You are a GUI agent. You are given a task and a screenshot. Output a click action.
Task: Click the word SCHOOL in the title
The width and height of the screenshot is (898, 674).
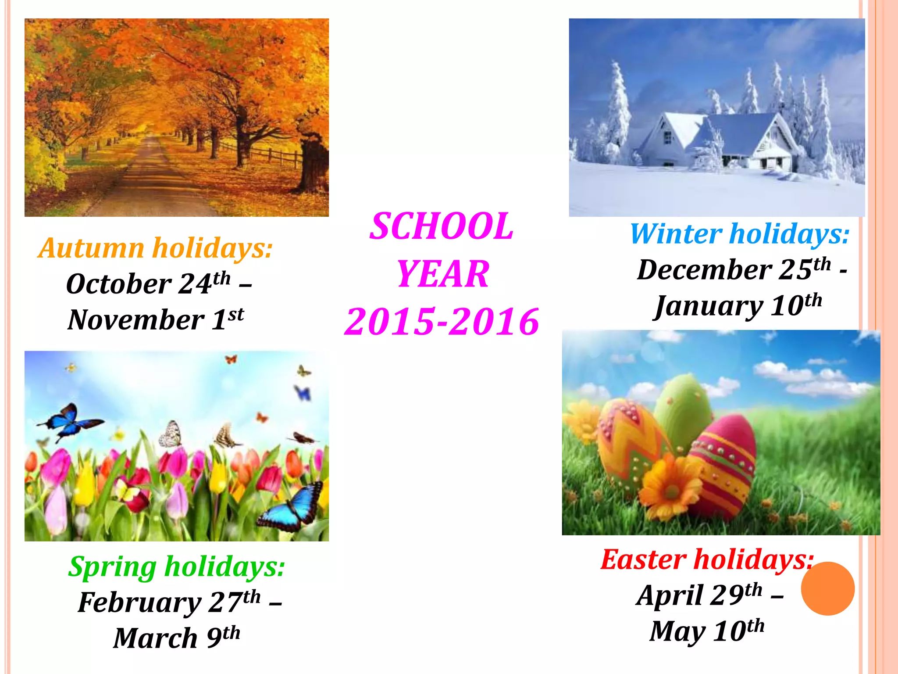click(441, 226)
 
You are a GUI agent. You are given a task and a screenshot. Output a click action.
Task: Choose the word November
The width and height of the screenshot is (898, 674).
click(136, 320)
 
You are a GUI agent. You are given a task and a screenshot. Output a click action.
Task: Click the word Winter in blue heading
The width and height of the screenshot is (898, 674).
click(675, 234)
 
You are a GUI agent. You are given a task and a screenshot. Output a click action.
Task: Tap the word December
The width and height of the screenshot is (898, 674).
click(704, 270)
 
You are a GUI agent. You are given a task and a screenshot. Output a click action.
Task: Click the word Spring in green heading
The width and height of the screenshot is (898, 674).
click(112, 567)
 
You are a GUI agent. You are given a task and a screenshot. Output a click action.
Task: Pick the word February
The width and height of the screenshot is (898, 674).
click(139, 603)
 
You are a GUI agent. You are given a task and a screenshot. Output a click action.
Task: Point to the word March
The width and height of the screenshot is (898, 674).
click(155, 638)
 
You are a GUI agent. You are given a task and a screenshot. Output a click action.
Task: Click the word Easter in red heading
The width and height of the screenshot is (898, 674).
click(643, 560)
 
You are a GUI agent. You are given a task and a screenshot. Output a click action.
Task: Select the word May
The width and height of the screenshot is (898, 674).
click(677, 632)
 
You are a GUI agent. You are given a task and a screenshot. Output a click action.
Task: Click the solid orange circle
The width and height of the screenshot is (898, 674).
click(827, 588)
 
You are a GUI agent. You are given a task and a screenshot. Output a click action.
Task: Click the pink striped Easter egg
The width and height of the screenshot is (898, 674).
click(723, 465)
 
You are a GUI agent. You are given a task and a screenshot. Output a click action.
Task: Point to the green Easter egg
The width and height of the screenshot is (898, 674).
click(684, 408)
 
